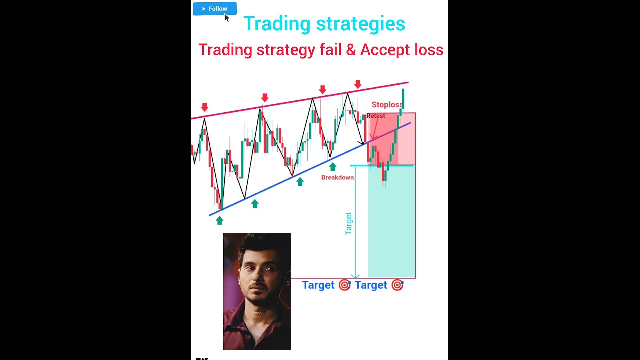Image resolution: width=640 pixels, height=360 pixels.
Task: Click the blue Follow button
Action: tap(215, 9)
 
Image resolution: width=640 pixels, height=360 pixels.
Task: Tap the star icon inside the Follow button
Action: tap(203, 9)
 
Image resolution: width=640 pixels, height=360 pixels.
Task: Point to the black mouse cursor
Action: tap(226, 18)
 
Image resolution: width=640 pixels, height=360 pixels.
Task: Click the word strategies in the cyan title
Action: tap(360, 24)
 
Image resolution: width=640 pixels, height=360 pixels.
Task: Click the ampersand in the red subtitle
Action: tap(352, 50)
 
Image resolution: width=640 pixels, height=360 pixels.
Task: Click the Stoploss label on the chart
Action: tap(387, 105)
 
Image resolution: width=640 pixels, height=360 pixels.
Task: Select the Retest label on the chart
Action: tap(376, 116)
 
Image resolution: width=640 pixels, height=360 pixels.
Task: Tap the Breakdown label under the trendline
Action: tap(337, 177)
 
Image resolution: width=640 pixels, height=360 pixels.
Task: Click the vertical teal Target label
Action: tap(349, 223)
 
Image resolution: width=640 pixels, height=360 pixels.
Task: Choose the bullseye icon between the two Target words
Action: tap(345, 285)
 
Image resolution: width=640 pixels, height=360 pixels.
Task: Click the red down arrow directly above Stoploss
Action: tap(358, 84)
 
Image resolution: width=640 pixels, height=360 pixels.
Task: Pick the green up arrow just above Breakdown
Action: tap(333, 166)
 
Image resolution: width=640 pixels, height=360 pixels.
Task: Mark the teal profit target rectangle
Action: tap(391, 222)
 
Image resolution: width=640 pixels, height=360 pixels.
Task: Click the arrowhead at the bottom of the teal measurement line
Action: tap(355, 276)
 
